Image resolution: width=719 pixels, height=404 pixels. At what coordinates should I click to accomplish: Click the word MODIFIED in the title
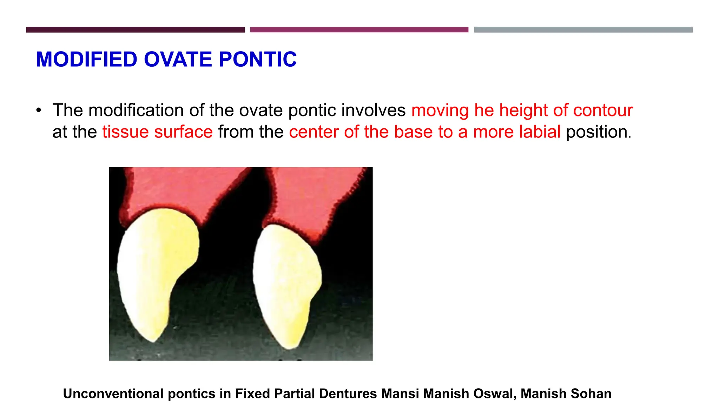[x=86, y=59]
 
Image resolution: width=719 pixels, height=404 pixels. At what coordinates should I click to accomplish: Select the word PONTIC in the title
[x=258, y=59]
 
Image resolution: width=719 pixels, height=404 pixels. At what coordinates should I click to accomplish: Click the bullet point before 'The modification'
[x=39, y=110]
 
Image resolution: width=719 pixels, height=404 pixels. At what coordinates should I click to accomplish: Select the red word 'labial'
[x=540, y=132]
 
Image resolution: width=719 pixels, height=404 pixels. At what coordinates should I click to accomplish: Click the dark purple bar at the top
[x=135, y=30]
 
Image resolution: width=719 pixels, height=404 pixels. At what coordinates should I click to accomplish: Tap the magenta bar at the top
[x=359, y=30]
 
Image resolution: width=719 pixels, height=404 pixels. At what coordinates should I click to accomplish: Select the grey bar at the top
[x=583, y=30]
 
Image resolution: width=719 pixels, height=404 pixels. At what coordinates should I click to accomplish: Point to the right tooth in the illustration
[x=286, y=281]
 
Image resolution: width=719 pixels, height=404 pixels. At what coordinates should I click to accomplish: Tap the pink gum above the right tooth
[x=309, y=200]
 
